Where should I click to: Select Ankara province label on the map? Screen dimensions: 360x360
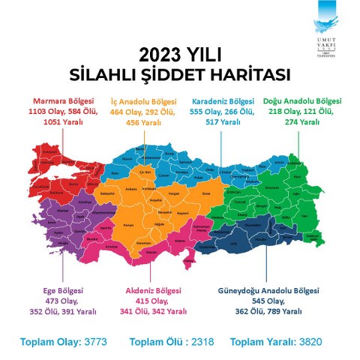[133, 189]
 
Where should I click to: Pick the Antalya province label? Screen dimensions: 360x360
[112, 245]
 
